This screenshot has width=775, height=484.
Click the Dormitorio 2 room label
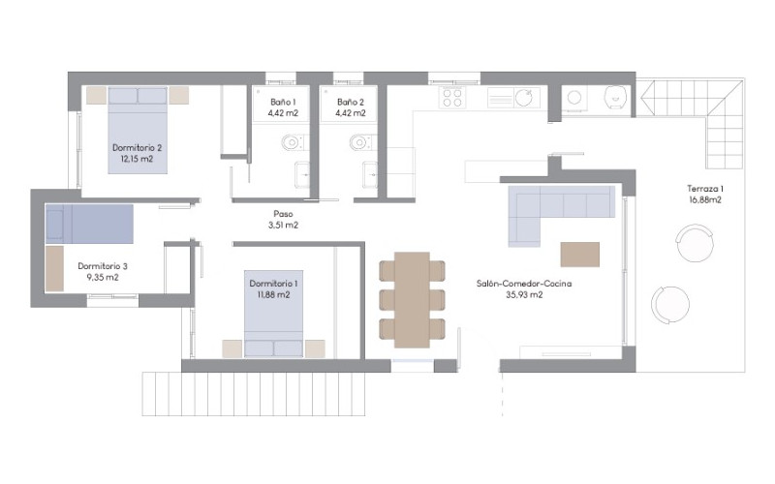tap(137, 148)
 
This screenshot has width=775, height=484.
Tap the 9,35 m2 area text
tap(103, 278)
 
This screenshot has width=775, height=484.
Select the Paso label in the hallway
tap(283, 214)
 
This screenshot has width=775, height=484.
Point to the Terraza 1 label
tap(705, 189)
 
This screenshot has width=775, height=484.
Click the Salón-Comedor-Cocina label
tap(524, 284)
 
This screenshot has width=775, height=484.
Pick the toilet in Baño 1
tap(293, 142)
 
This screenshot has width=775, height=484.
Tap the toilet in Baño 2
tap(360, 142)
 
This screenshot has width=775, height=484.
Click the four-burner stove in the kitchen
tap(452, 98)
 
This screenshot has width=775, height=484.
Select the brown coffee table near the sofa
tap(579, 255)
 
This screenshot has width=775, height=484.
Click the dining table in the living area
tap(413, 299)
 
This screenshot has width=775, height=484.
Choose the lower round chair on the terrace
tap(669, 304)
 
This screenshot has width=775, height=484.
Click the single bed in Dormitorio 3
tap(89, 224)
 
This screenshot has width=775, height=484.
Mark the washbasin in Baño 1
tap(302, 175)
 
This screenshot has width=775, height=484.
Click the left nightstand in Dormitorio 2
tap(96, 95)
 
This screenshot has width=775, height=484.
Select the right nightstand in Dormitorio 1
tap(315, 348)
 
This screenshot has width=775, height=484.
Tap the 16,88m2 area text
tap(705, 200)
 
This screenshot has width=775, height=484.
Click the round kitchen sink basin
tap(524, 98)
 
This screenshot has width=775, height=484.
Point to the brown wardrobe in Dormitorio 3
tap(54, 269)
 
